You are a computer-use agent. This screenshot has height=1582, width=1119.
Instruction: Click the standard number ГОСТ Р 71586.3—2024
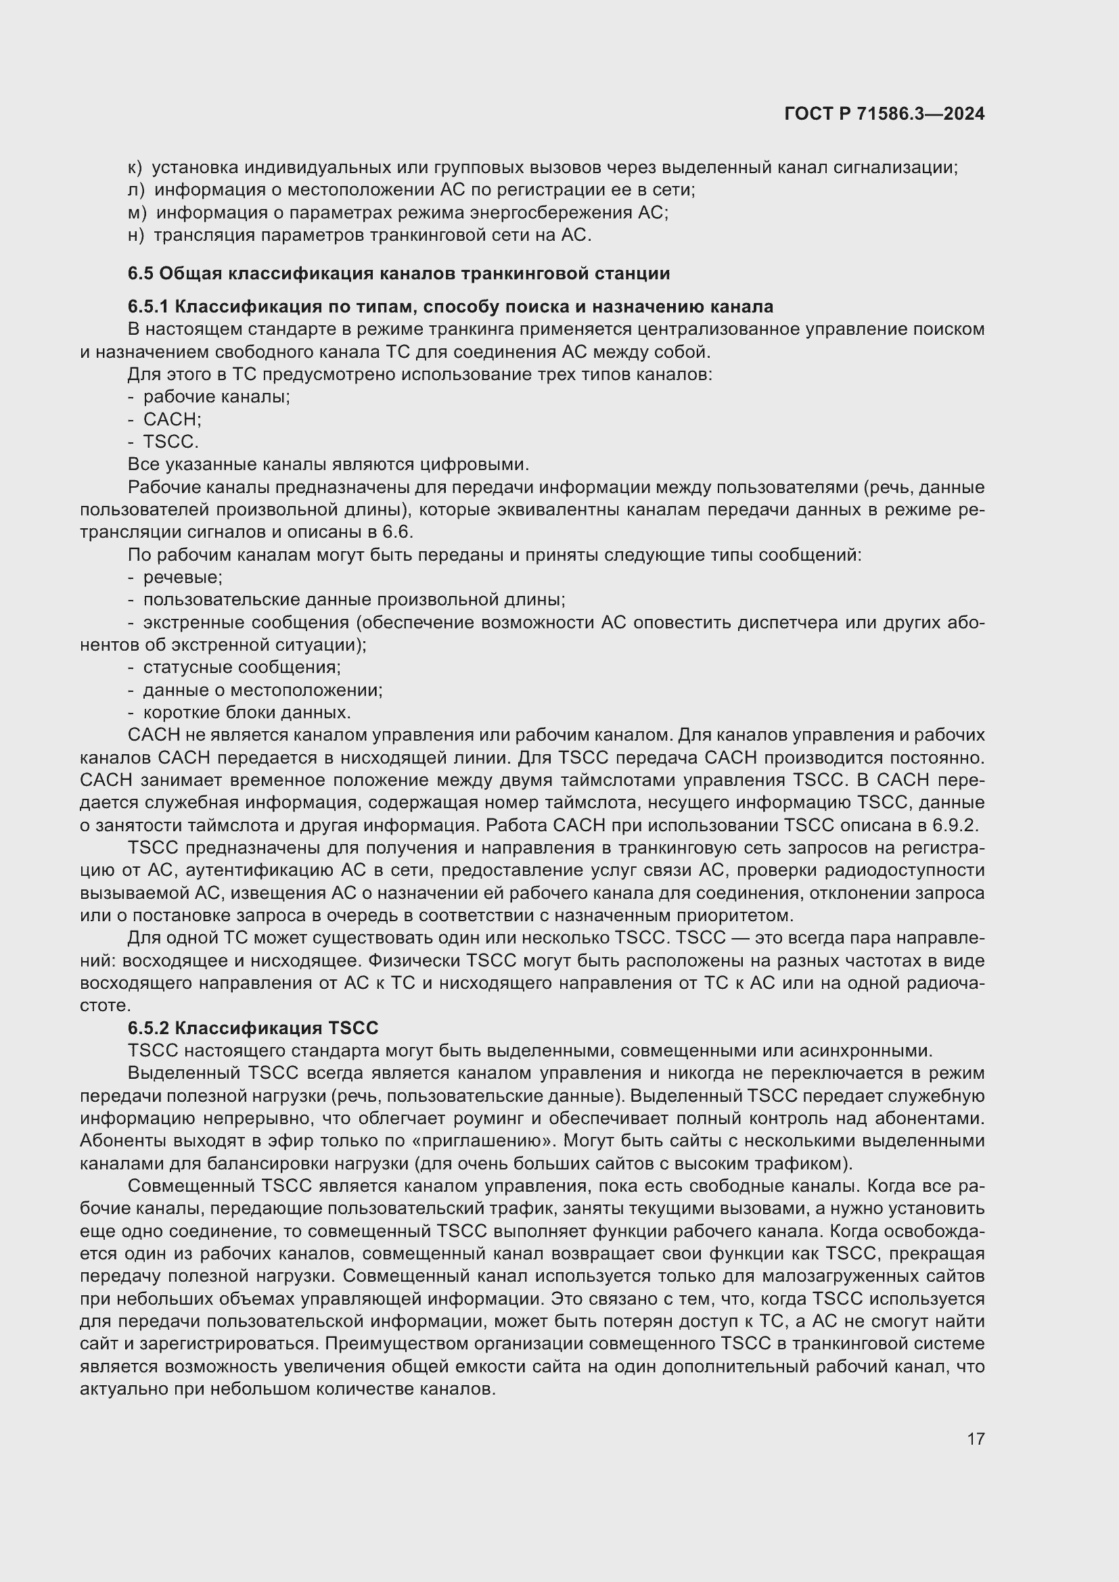(x=884, y=114)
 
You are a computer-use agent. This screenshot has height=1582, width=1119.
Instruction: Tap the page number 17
(x=976, y=1439)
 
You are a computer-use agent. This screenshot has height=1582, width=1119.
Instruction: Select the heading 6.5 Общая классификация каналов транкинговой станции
(x=398, y=273)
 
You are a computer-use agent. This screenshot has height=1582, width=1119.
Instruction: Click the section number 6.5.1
(x=148, y=306)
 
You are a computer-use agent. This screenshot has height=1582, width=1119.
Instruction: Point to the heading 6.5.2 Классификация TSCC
(x=253, y=1028)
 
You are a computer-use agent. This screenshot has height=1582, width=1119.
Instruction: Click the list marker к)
(x=135, y=168)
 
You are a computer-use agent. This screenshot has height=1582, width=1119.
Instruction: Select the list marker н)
(x=136, y=235)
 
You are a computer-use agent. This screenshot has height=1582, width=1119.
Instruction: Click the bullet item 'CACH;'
(x=172, y=419)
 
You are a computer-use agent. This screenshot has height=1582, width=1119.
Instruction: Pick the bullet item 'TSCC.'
(x=170, y=442)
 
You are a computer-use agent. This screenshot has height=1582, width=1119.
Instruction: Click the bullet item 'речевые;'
(x=183, y=578)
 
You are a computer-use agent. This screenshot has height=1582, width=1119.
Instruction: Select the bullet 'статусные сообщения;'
(x=242, y=667)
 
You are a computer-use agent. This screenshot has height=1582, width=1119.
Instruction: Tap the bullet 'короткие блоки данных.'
(x=247, y=712)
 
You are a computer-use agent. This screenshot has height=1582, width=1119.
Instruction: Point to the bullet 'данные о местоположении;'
(x=262, y=690)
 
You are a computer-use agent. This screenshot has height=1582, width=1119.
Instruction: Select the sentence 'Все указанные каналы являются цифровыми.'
(x=328, y=465)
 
